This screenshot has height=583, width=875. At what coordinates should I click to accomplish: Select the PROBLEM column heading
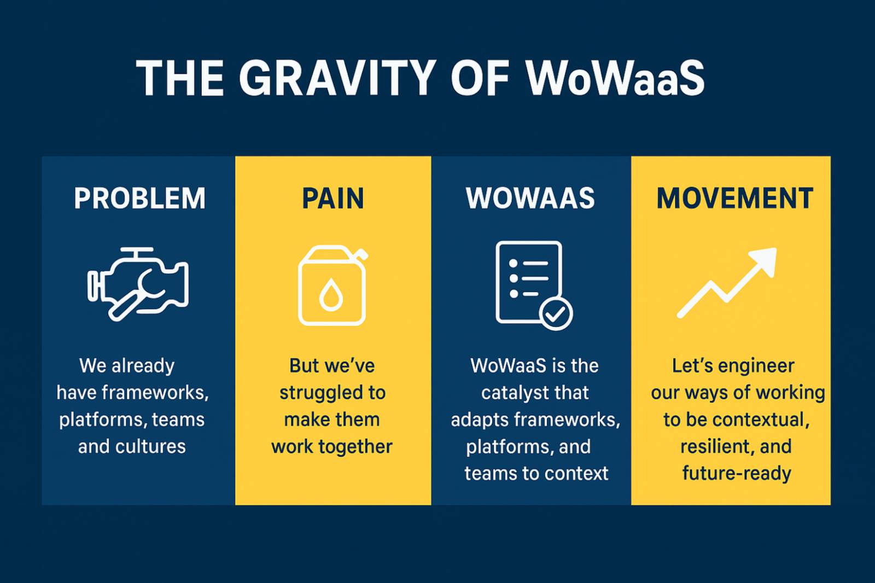(139, 198)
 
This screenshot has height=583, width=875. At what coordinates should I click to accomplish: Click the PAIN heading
(333, 198)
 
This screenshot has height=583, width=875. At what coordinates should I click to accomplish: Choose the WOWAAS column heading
(530, 198)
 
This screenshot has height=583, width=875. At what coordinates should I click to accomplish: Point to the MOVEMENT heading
(735, 198)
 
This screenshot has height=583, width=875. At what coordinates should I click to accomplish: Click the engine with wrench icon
(138, 284)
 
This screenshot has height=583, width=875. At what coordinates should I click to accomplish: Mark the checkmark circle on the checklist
(556, 313)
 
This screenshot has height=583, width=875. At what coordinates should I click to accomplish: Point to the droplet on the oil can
(331, 295)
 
